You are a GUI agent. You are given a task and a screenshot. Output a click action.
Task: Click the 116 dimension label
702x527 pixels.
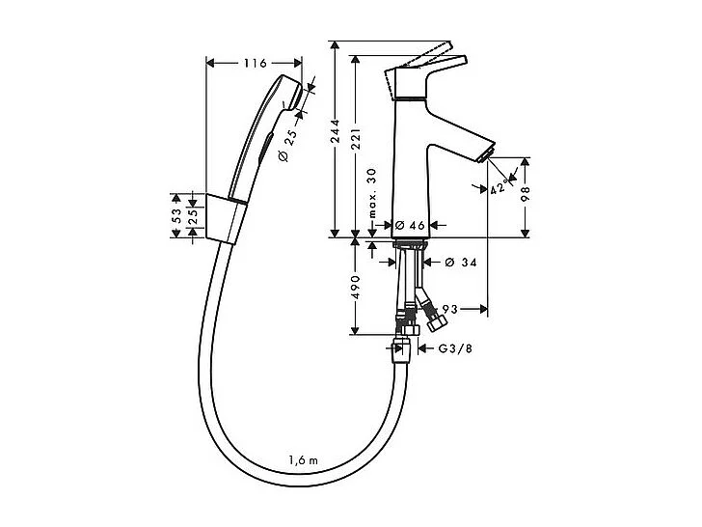[x=255, y=64]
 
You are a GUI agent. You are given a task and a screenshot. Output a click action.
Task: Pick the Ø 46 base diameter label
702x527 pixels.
[x=410, y=225]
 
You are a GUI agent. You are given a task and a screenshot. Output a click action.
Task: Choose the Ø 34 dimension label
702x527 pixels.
[x=463, y=262]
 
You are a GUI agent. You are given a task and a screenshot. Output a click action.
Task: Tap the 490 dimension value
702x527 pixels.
[x=355, y=288]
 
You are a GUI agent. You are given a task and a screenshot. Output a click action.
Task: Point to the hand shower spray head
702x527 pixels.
[x=286, y=93]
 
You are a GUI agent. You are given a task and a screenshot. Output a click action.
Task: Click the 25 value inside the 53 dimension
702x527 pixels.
[x=193, y=218]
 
